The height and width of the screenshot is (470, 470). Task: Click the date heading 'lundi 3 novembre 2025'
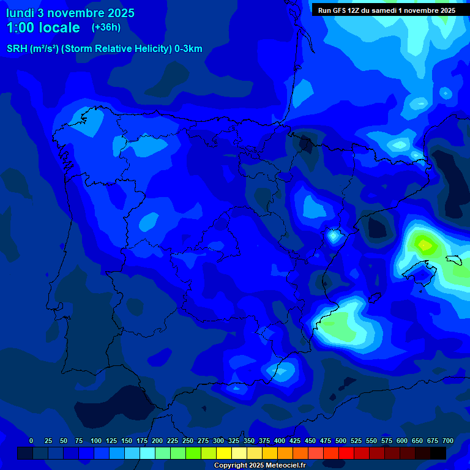[70, 13]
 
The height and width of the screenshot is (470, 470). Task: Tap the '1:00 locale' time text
[43, 28]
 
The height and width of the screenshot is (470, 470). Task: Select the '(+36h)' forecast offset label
[106, 27]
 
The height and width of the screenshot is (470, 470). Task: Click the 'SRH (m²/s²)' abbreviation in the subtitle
[32, 49]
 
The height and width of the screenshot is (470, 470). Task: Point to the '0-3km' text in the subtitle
[188, 49]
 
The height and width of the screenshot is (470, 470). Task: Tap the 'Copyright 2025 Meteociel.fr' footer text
[259, 465]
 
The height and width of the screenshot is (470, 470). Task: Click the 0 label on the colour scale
[31, 441]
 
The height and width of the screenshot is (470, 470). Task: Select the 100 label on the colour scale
[96, 441]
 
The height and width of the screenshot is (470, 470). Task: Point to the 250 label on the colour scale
[188, 441]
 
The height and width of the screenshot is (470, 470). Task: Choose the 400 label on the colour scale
[280, 441]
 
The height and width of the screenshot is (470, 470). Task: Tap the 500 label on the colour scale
[341, 441]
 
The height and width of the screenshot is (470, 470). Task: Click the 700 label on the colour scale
[448, 441]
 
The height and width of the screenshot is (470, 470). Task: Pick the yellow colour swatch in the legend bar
[224, 453]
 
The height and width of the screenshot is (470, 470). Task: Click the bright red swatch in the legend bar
[346, 453]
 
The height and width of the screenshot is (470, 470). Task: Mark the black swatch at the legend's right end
[438, 453]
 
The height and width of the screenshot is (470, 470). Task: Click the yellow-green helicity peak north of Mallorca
[424, 245]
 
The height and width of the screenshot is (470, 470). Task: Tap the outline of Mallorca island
[416, 267]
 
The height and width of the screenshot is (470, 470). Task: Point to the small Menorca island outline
[453, 259]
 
